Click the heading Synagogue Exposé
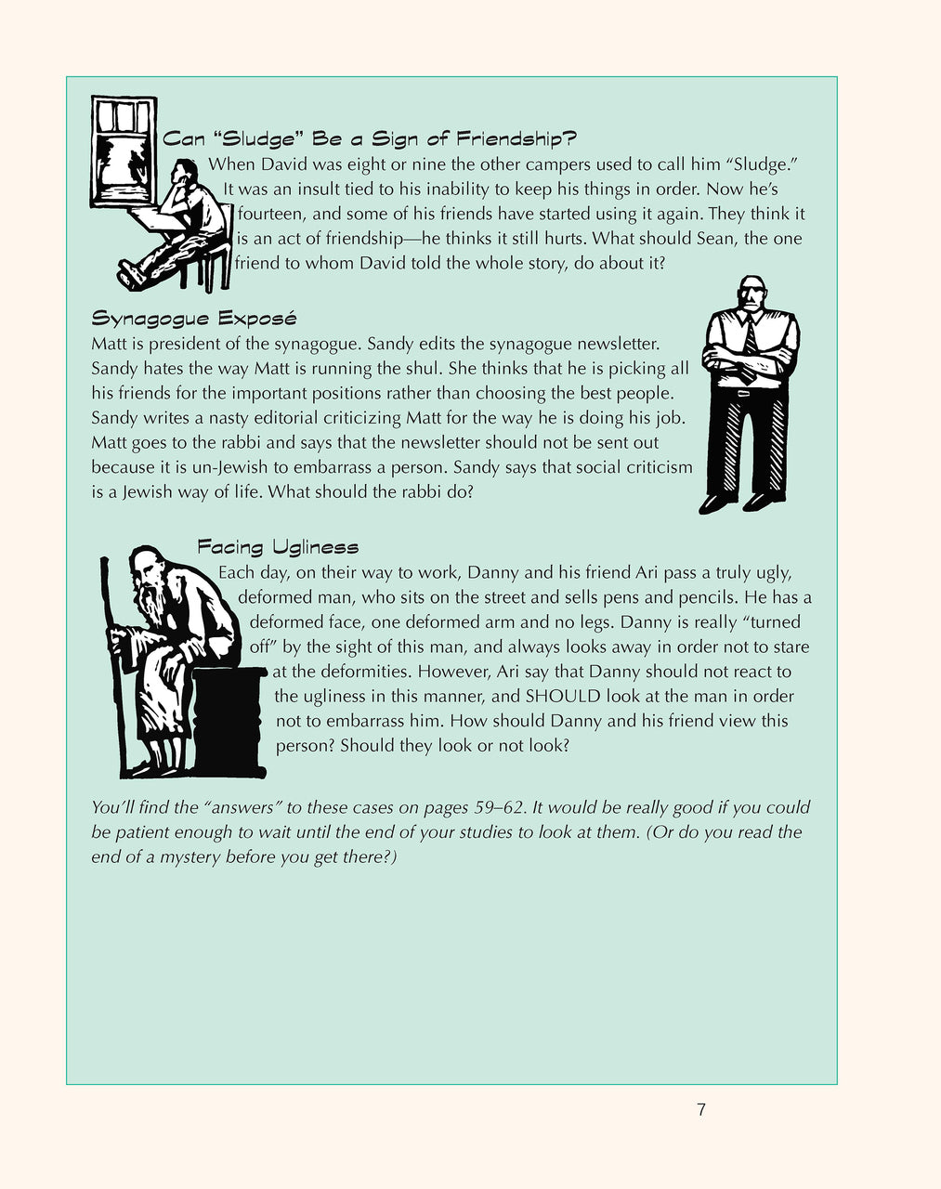coord(193,319)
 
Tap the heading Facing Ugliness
coord(278,547)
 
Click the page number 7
coord(701,1109)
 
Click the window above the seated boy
coord(123,158)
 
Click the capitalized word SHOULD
coord(563,696)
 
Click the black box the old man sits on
coord(232,715)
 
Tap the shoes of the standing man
coord(740,503)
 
